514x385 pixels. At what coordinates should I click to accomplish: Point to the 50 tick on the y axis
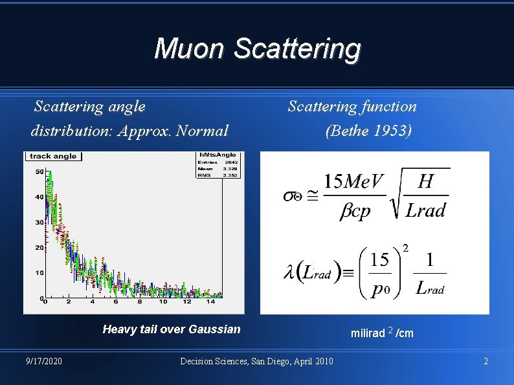(x=39, y=171)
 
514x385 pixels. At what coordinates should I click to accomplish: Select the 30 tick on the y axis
(x=39, y=222)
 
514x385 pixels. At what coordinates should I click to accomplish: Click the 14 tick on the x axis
(x=211, y=302)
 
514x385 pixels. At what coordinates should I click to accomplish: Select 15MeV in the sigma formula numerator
(x=354, y=181)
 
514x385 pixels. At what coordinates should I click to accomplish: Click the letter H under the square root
(x=425, y=181)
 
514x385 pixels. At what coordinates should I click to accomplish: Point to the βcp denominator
(x=355, y=211)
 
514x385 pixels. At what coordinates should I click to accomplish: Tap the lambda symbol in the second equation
(x=291, y=272)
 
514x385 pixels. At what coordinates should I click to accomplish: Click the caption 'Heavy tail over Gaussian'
(x=172, y=329)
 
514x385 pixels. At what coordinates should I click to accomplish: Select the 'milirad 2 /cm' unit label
(x=382, y=333)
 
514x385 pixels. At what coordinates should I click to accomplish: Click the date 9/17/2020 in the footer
(x=44, y=360)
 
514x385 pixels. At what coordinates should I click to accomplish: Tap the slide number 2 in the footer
(x=486, y=360)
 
